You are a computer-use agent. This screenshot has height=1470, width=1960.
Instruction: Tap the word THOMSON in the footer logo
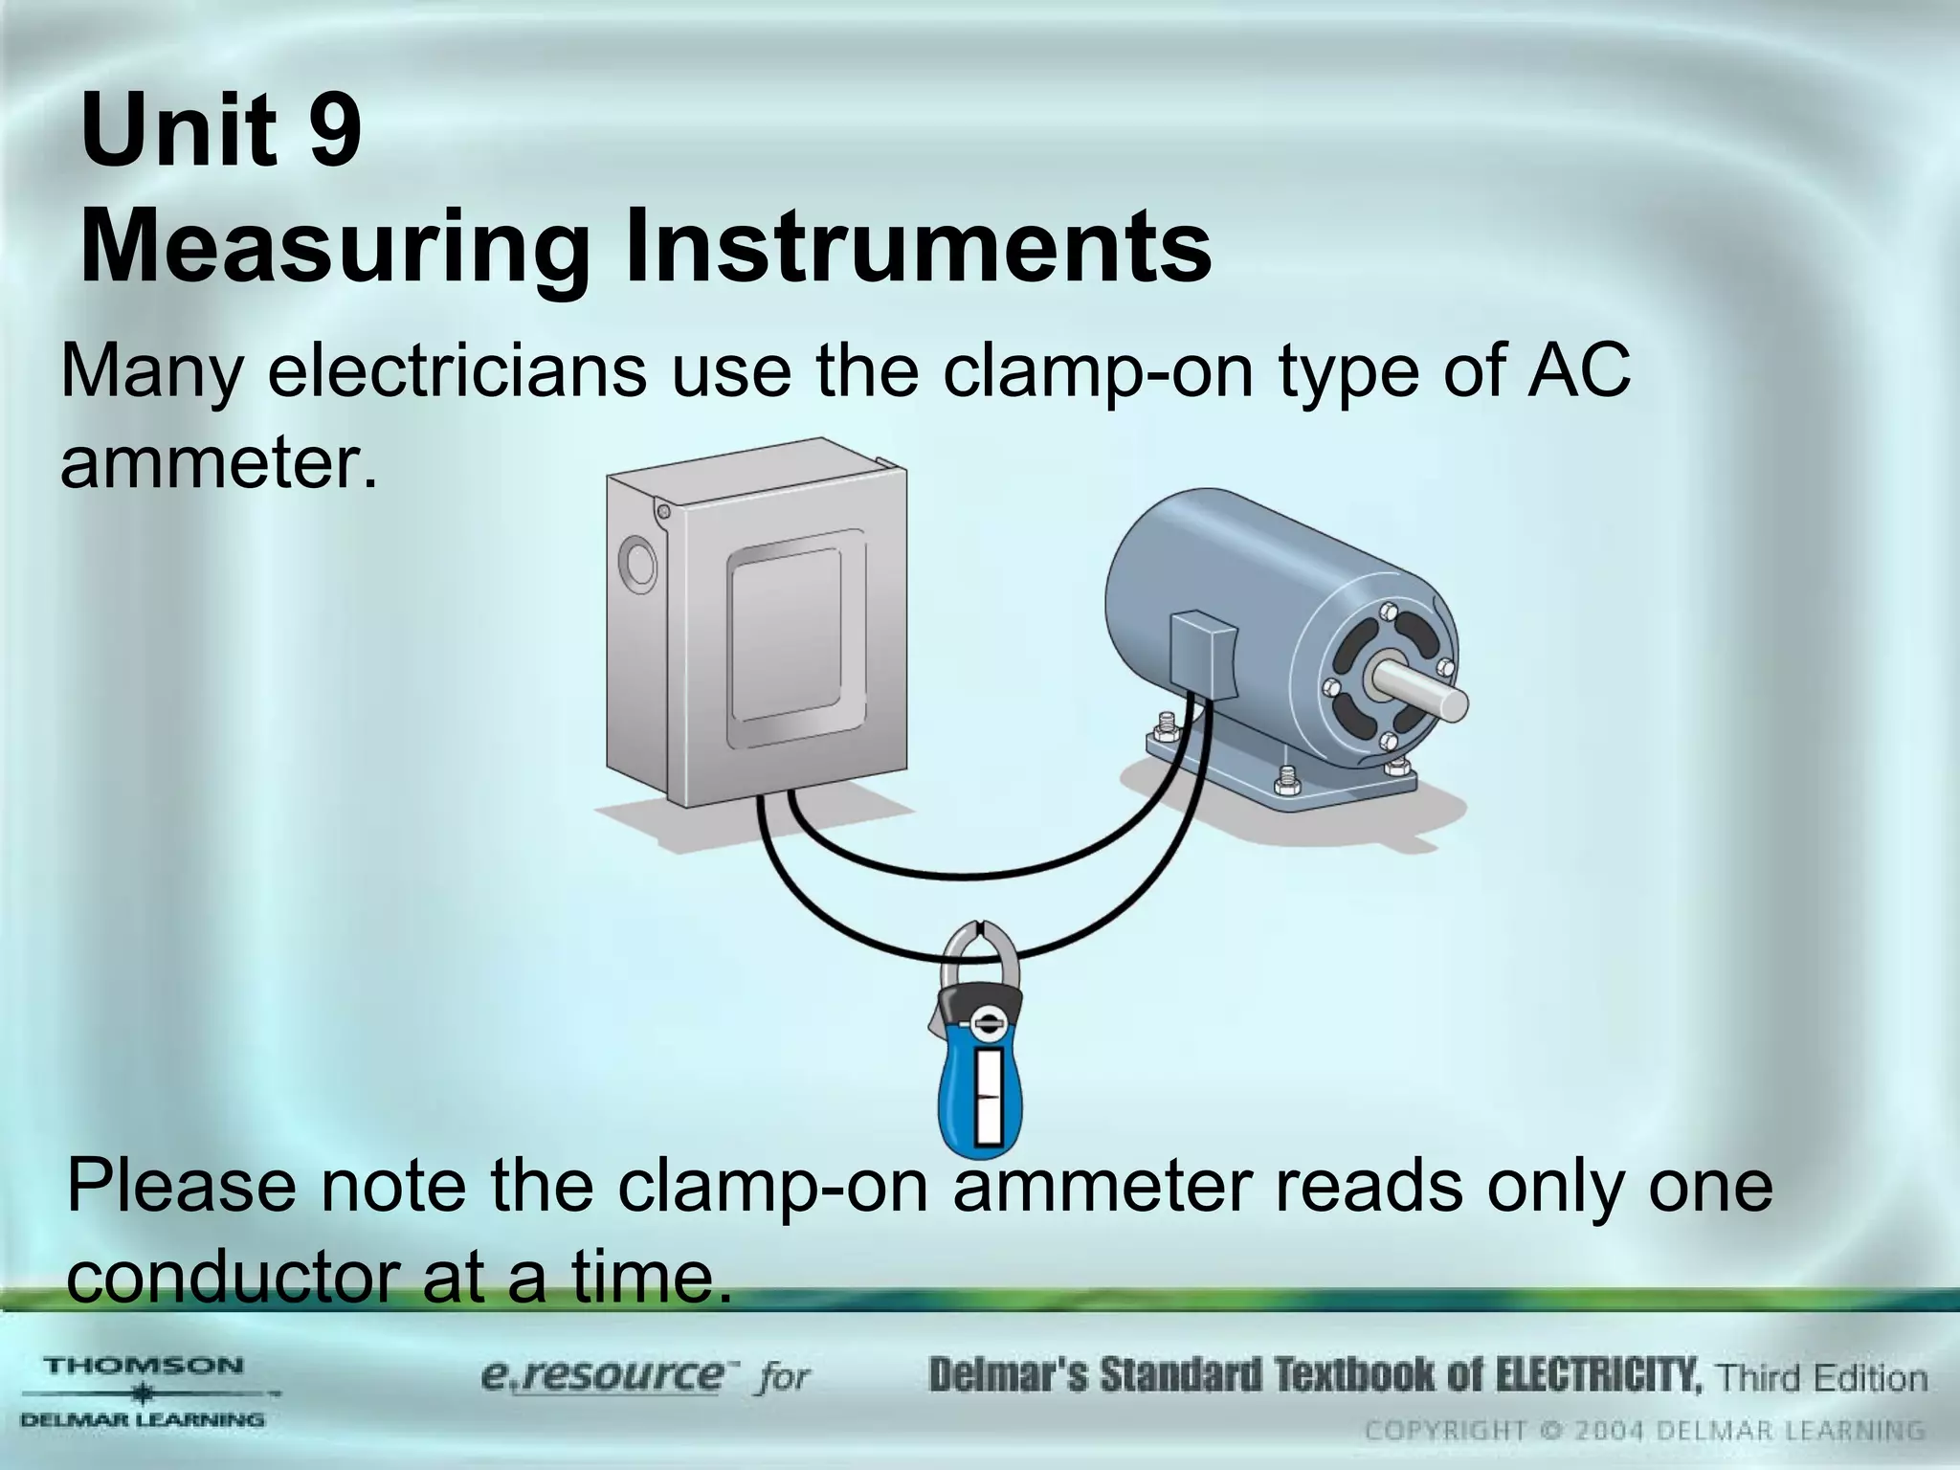[x=144, y=1366]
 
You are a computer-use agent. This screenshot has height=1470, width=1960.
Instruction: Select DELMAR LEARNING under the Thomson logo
[x=144, y=1419]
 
